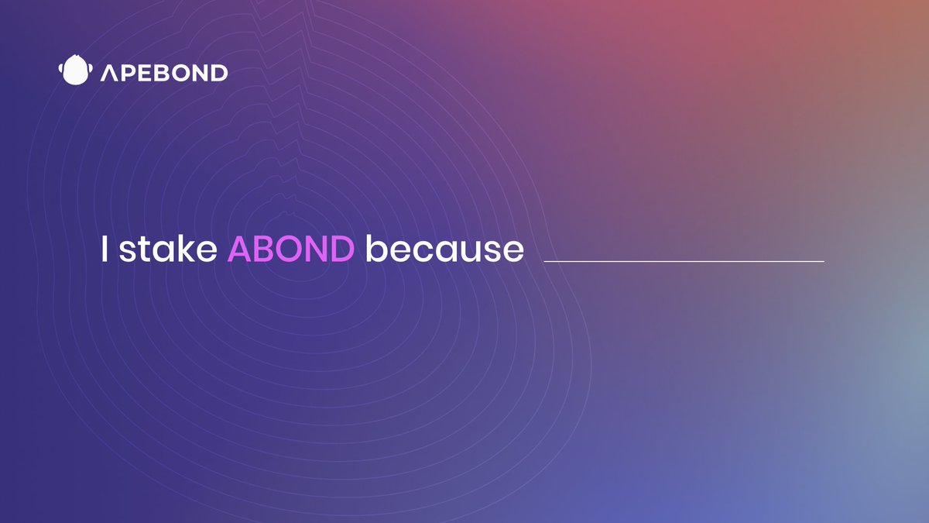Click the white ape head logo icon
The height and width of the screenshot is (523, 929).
click(76, 70)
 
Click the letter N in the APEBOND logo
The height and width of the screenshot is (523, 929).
click(201, 73)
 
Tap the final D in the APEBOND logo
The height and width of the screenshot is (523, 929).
click(219, 73)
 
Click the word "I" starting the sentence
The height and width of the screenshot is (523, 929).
click(105, 249)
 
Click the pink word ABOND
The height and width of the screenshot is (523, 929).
click(291, 249)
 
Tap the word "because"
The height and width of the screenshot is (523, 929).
click(444, 248)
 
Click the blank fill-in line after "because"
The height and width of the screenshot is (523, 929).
click(684, 262)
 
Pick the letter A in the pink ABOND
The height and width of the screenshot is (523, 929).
click(239, 249)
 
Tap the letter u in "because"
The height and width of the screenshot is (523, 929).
click(467, 253)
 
